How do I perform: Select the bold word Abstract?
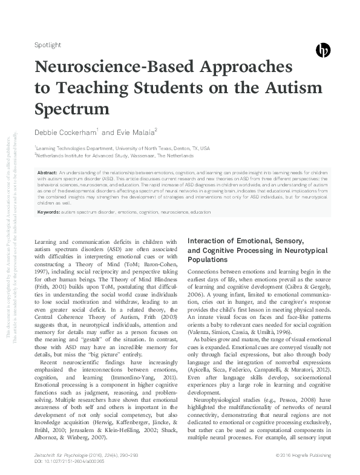pyautogui.click(x=47, y=172)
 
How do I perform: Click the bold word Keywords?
pyautogui.click(x=48, y=212)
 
